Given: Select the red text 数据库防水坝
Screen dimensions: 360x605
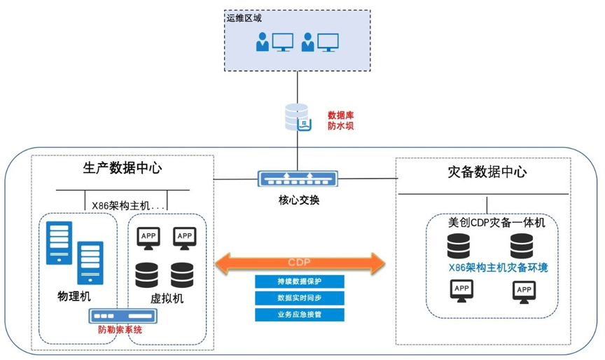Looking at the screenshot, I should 342,120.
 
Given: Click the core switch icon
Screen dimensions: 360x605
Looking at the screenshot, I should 298,179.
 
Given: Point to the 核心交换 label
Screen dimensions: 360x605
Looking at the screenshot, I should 298,200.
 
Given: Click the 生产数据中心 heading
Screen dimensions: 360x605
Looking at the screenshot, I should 118,168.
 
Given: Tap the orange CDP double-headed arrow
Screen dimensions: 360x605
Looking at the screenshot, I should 300,263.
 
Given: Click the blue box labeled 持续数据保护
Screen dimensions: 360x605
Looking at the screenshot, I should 300,282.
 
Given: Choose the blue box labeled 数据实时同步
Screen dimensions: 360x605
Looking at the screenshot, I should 300,298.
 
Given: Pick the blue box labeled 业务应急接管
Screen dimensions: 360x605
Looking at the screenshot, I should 300,315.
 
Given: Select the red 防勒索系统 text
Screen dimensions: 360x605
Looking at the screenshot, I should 120,330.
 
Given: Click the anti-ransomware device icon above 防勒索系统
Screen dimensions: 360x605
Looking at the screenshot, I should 118,316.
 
